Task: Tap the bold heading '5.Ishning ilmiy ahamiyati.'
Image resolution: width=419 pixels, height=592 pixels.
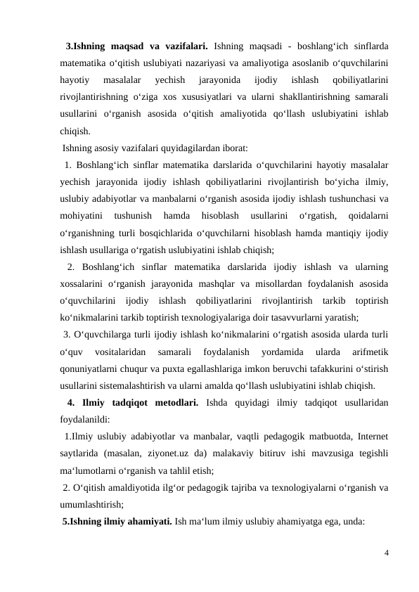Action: [x=117, y=520]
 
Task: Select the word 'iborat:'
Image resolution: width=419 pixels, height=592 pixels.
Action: [x=233, y=148]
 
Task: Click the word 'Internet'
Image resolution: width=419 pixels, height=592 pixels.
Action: [x=374, y=437]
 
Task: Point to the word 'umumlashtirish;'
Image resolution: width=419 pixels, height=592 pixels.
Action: [x=92, y=503]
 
